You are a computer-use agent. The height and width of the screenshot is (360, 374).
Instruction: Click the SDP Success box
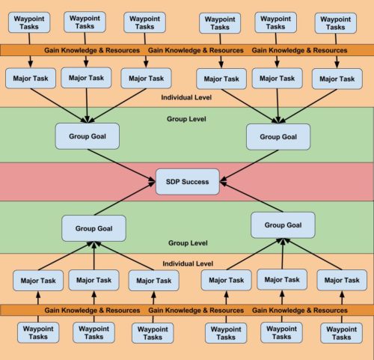[188, 182]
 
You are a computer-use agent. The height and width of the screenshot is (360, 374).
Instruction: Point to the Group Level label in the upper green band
[186, 119]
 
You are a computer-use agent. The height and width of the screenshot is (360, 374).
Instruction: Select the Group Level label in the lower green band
[188, 242]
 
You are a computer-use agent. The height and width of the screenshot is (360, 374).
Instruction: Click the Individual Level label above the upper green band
[186, 97]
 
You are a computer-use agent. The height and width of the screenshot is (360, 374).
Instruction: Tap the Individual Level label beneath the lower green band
[188, 263]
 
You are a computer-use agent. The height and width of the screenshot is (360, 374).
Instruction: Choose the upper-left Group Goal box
[88, 136]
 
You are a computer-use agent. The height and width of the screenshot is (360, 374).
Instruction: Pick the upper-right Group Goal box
[278, 137]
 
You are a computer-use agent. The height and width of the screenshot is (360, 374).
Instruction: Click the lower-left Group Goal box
[93, 228]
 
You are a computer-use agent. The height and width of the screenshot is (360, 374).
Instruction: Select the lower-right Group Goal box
[283, 225]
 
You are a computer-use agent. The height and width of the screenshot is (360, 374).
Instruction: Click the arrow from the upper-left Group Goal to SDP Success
[121, 165]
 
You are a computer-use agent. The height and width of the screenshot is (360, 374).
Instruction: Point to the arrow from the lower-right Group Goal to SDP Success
[251, 197]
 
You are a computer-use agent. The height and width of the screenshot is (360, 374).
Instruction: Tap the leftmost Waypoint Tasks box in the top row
[29, 22]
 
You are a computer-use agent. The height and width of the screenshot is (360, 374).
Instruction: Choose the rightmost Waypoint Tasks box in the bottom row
[341, 333]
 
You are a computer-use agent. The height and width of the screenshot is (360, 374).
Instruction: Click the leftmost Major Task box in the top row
[31, 79]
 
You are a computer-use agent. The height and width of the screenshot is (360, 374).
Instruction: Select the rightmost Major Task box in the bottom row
[342, 280]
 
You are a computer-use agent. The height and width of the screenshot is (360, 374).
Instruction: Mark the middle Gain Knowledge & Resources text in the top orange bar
[196, 50]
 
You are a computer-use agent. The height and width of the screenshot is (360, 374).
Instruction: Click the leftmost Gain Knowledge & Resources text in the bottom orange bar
[92, 310]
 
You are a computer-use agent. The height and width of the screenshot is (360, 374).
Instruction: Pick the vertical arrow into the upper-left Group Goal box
[87, 106]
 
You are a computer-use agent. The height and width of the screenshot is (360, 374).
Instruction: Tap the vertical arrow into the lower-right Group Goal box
[283, 254]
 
